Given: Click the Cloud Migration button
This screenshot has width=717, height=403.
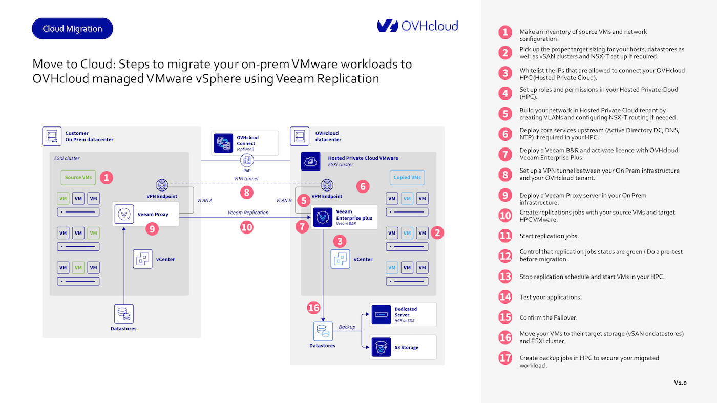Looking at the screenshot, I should coord(72,29).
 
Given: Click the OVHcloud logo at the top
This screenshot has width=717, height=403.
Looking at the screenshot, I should coord(417,26).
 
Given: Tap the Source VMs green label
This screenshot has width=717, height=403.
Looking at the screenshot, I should coord(78,178).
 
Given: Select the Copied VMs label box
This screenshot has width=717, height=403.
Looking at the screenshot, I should coord(407,178).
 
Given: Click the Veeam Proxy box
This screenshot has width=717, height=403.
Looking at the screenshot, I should coord(146,214).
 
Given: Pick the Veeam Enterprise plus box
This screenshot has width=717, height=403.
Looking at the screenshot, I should coord(344,218).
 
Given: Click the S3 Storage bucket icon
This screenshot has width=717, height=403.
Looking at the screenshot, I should coord(381,347).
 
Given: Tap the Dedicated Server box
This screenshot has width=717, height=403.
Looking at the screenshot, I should coord(403,314).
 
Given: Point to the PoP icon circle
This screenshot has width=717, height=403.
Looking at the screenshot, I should coord(247,161).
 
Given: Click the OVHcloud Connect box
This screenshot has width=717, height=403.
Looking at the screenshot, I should coord(245,143).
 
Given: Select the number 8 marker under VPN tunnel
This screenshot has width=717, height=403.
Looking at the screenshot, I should coord(247,193).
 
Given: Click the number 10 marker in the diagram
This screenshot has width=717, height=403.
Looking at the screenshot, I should coord(247,227).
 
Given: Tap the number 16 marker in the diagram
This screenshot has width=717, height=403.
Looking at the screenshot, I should coord(313,308).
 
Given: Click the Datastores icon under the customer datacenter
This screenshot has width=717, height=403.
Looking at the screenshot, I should coord(123,314).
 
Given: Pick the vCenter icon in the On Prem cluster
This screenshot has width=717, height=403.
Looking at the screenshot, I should coord(142,259).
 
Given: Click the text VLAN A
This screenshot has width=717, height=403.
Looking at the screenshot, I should coord(204,200).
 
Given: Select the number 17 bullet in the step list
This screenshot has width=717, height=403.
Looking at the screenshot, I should coord(505,358).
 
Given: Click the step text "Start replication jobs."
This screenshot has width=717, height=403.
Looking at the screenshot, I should coord(549,236).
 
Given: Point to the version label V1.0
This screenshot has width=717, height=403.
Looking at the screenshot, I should coord(680,383).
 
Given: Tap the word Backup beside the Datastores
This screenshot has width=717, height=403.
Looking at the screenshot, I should coord(347,327).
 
